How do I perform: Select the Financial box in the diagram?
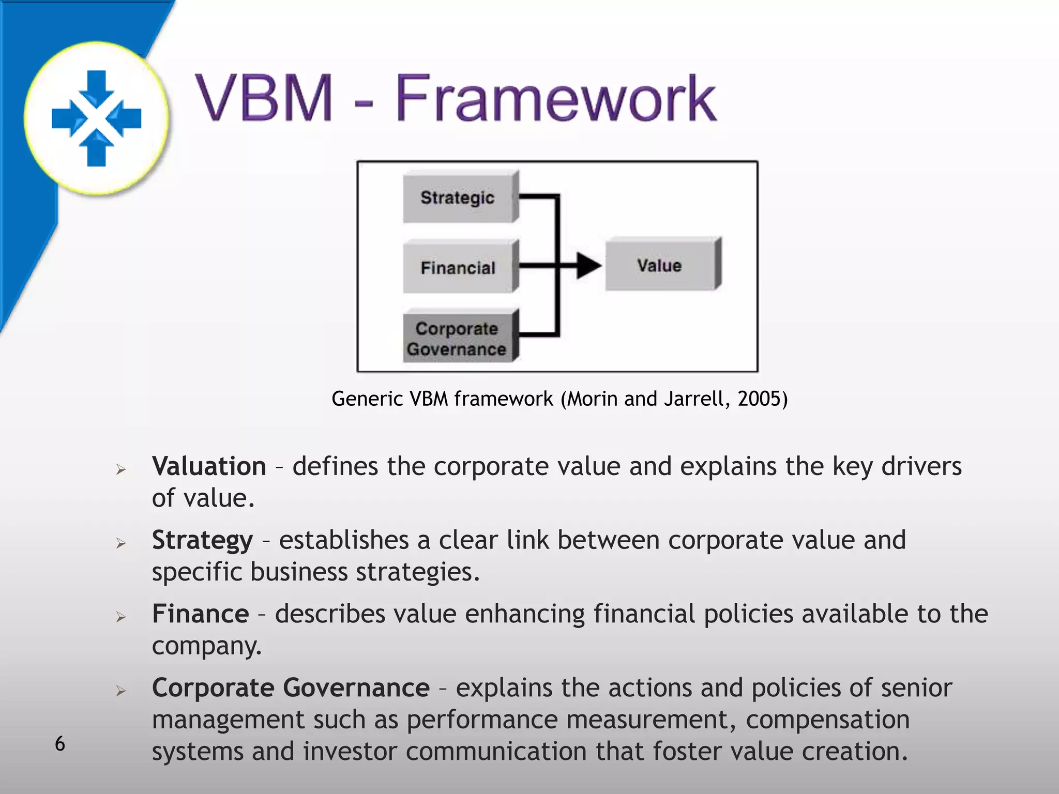(x=458, y=268)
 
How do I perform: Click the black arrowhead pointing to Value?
(x=588, y=266)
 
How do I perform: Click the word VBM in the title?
(x=264, y=98)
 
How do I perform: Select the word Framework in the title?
(x=556, y=98)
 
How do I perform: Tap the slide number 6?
(x=60, y=744)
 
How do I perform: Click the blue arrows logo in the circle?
(x=97, y=118)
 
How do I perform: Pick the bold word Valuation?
(x=209, y=466)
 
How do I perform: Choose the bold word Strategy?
(x=202, y=541)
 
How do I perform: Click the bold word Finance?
(x=200, y=614)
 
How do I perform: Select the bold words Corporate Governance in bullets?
(x=291, y=688)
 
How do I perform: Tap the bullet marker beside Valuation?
(x=121, y=469)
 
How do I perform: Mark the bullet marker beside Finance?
(x=121, y=617)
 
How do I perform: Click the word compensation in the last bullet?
(x=827, y=720)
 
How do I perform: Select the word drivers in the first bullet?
(x=921, y=466)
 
